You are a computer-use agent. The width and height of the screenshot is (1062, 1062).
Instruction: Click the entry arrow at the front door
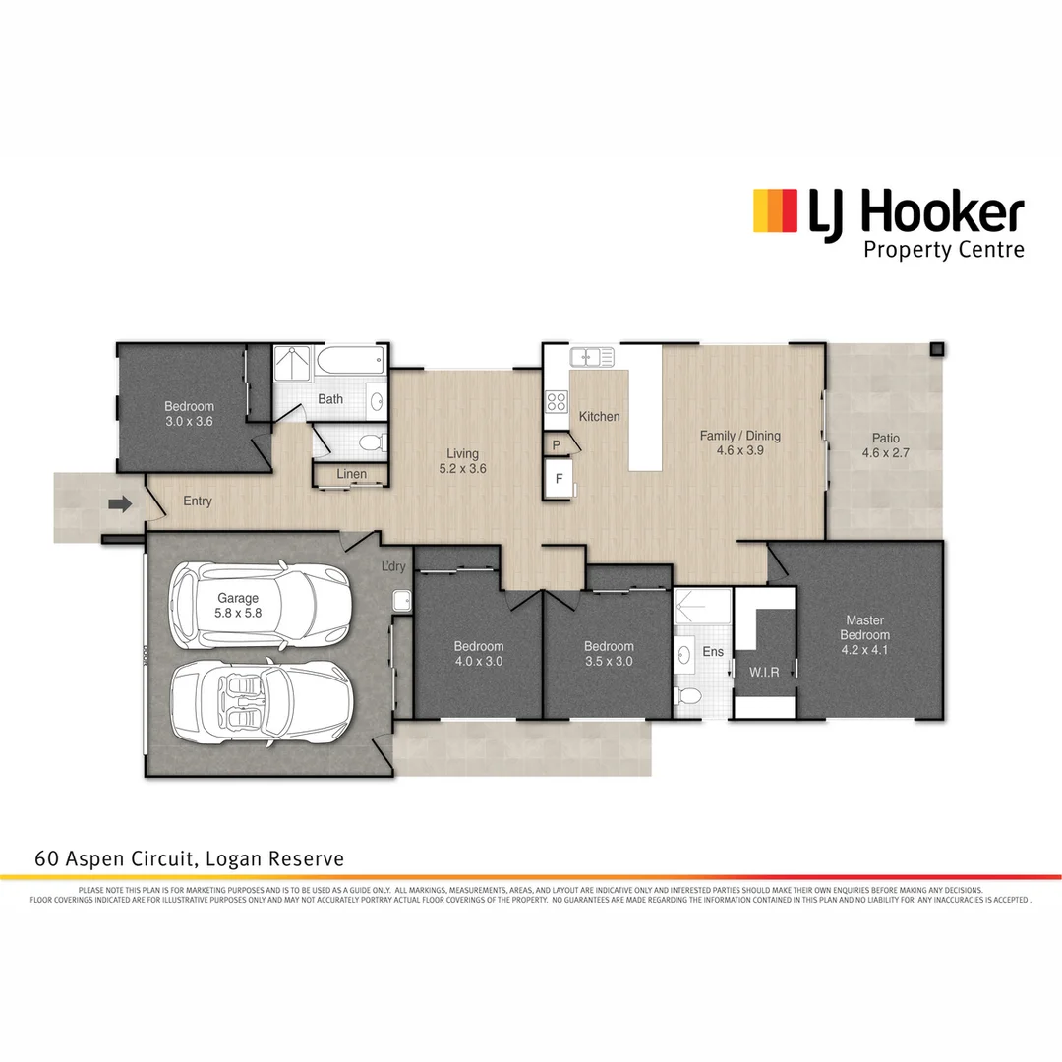pyautogui.click(x=120, y=504)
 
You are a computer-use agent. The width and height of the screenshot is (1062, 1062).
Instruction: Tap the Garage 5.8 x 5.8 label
pyautogui.click(x=238, y=605)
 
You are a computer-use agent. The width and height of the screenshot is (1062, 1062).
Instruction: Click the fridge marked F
pyautogui.click(x=559, y=480)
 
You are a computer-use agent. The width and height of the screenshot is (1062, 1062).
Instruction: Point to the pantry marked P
pyautogui.click(x=557, y=445)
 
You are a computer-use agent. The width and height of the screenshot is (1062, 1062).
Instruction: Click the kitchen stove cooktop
pyautogui.click(x=557, y=401)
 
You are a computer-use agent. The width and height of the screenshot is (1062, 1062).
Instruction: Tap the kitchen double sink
pyautogui.click(x=592, y=356)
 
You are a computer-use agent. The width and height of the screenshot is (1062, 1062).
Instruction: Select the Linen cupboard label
pyautogui.click(x=351, y=474)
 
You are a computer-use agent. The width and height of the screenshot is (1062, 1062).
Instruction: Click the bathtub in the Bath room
pyautogui.click(x=350, y=361)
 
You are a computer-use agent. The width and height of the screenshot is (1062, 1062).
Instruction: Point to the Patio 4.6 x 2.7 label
pyautogui.click(x=880, y=445)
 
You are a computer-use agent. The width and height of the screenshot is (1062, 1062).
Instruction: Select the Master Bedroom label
pyautogui.click(x=864, y=627)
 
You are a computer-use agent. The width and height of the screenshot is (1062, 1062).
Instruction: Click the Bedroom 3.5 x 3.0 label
pyautogui.click(x=609, y=653)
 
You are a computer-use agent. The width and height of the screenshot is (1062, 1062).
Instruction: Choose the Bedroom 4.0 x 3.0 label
pyautogui.click(x=478, y=653)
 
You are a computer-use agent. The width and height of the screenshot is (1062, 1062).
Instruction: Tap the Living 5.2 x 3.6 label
pyautogui.click(x=462, y=461)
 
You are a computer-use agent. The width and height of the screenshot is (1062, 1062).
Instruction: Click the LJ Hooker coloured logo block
pyautogui.click(x=774, y=210)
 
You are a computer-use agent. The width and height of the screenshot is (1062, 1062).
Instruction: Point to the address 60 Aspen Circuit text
pyautogui.click(x=189, y=858)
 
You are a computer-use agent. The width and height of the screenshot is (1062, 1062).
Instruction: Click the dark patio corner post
pyautogui.click(x=937, y=349)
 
